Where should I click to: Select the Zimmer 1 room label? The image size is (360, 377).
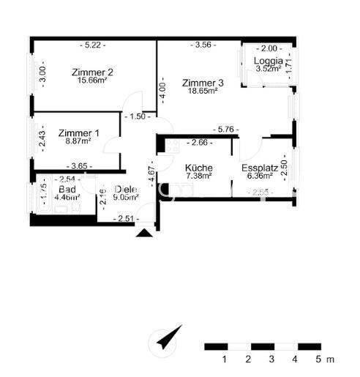[x=78, y=132]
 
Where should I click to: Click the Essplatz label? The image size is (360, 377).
[x=258, y=167]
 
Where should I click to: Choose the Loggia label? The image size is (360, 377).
[x=268, y=61]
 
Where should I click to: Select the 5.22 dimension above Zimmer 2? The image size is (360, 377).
[x=92, y=45]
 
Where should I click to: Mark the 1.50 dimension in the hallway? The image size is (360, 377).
[x=137, y=116]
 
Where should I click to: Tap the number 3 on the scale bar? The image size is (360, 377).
[x=271, y=359]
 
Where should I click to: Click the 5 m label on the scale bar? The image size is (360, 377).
[x=323, y=359]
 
